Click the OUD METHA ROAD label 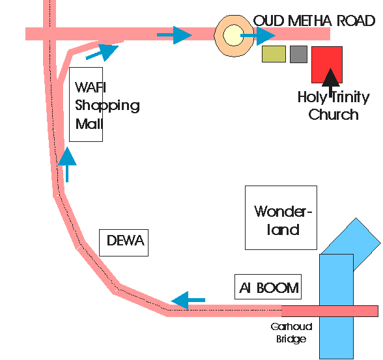pos(314,21)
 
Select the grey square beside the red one pos(298,54)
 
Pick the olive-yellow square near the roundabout pos(274,54)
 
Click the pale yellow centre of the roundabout pos(233,35)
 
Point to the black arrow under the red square pos(331,82)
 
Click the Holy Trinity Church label pos(333,105)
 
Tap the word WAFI pos(91,87)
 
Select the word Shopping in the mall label pos(107,105)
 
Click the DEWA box pos(124,243)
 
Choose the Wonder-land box pos(281,217)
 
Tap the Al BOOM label pos(268,288)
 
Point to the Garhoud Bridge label pos(291,333)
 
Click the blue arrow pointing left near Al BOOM pos(188,300)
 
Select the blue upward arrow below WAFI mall pos(67,164)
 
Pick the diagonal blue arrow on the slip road pos(102,53)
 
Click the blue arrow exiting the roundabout pos(258,36)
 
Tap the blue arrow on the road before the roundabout pos(175,35)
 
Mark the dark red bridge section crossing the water pos(330,311)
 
